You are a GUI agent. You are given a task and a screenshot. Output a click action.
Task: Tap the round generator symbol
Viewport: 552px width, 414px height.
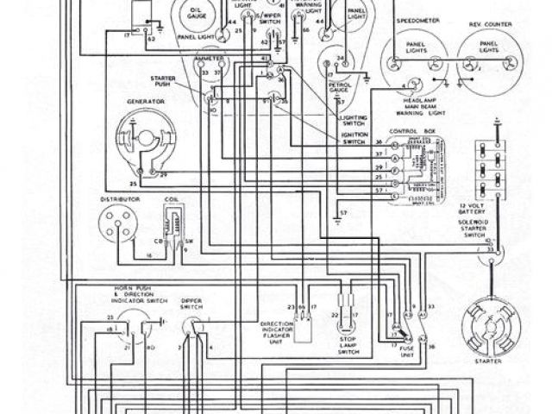(139, 138)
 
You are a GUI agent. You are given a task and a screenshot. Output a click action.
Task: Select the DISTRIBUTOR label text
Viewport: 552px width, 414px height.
(121, 200)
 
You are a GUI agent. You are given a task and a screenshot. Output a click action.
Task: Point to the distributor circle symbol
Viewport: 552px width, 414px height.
(121, 228)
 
